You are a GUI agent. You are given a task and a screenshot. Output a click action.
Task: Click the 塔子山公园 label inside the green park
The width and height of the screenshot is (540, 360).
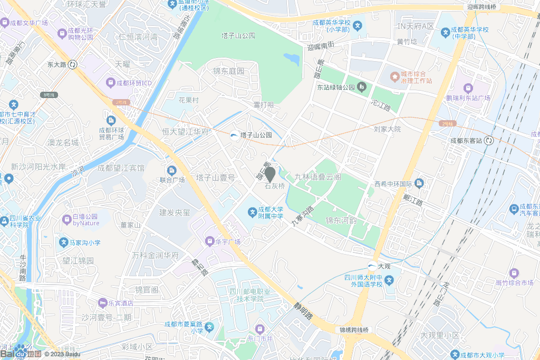(238, 36)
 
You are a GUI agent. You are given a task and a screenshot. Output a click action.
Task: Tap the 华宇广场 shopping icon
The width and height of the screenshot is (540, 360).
(209, 242)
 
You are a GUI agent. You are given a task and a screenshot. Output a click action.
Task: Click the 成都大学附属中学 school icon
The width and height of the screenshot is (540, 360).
(253, 212)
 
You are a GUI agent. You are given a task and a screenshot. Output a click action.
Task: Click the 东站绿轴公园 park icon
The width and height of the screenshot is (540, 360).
(362, 87)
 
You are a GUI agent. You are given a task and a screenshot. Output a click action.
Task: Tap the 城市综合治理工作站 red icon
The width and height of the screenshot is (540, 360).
(394, 77)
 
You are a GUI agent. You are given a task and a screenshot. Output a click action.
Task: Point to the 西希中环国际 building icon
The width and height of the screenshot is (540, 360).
(419, 183)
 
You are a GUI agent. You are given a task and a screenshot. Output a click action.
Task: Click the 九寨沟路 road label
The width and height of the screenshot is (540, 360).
(303, 216)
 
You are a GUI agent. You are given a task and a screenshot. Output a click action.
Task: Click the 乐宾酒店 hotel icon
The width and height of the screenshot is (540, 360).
(102, 303)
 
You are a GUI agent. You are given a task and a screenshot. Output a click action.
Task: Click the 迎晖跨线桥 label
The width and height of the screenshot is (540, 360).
(481, 7)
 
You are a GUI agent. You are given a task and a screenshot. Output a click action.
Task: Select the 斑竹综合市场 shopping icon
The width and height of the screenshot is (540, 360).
(514, 273)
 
